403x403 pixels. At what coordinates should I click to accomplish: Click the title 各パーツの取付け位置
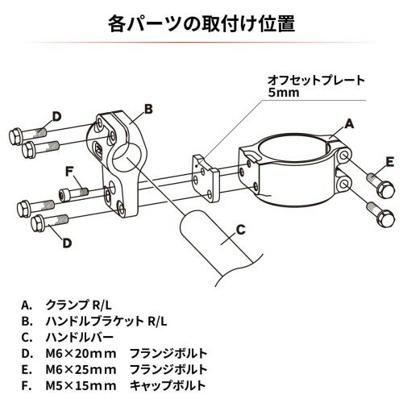201,24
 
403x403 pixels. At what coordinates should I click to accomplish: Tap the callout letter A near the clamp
349,124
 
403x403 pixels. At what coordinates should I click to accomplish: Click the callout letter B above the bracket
148,109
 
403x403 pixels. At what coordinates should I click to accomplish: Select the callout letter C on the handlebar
241,230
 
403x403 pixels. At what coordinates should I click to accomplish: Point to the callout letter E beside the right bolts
389,162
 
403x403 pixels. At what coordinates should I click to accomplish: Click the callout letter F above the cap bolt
69,172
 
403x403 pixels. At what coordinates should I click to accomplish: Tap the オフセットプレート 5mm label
316,86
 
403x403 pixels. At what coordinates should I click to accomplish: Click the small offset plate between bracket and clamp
206,178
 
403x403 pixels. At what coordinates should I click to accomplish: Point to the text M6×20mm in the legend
81,354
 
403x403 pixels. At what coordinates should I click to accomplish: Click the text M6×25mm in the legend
81,370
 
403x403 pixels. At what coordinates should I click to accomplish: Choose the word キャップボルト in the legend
168,385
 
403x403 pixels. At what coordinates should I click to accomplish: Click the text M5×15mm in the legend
81,386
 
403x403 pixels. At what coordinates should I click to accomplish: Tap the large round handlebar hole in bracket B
126,158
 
